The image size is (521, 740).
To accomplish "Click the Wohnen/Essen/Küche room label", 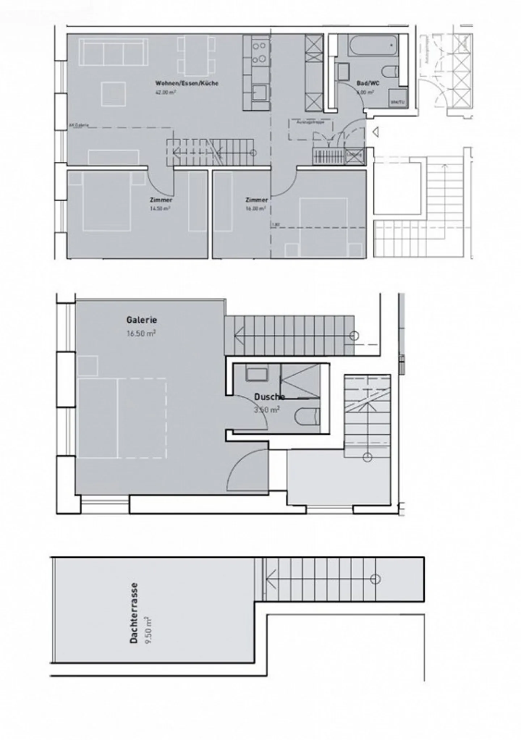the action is tap(187, 83).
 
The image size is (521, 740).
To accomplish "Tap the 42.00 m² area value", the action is tap(166, 93).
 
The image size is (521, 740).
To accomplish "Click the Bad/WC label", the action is tap(368, 83).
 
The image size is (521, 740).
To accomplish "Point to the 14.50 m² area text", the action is tap(160, 209).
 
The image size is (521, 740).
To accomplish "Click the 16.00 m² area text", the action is tap(256, 209).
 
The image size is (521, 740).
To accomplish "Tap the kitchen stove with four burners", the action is tap(259, 52).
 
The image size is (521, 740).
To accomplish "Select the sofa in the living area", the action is tap(114, 52).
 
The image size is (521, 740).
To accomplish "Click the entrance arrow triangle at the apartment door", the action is tap(376, 132).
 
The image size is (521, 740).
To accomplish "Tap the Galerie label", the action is tap(141, 320).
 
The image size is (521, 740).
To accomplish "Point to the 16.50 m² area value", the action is tap(141, 333).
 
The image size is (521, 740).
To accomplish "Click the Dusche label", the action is tap(269, 397).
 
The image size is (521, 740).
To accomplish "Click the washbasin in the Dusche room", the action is tap(257, 373).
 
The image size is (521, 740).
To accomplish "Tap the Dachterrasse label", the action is tap(134, 613).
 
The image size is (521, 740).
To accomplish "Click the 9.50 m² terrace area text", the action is tap(148, 630).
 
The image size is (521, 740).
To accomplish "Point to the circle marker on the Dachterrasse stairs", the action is tap(375, 579).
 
